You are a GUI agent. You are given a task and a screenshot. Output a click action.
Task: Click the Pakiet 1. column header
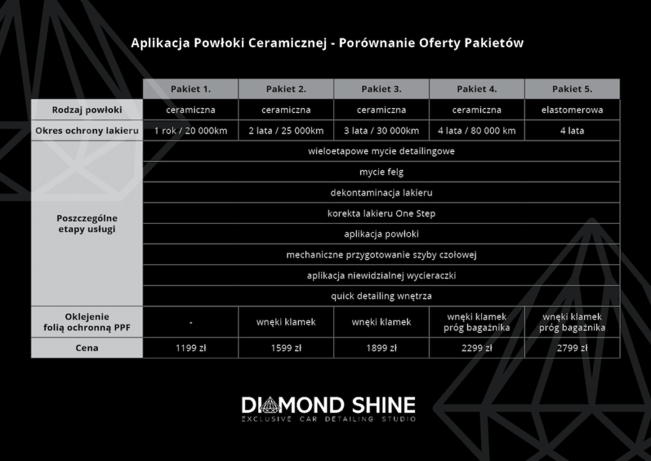(x=191, y=89)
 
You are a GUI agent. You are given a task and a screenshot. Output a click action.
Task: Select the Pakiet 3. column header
(x=381, y=89)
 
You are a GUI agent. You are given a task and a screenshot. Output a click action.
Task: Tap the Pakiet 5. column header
(x=572, y=89)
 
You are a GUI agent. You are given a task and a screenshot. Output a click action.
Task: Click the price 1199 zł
(x=191, y=348)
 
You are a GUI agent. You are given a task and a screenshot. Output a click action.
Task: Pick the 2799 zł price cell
(x=572, y=348)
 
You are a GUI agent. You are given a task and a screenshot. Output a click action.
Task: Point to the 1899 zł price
(x=381, y=348)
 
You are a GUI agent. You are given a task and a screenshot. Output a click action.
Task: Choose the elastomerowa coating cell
(x=572, y=110)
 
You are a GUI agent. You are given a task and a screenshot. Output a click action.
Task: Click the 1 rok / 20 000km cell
(x=191, y=131)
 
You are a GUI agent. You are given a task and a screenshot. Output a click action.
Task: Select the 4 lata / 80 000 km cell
(x=477, y=131)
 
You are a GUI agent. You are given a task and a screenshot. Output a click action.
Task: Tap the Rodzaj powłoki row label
(x=86, y=110)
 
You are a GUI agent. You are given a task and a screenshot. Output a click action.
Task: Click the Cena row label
(x=86, y=348)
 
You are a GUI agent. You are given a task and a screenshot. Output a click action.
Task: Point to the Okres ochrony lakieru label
(x=86, y=131)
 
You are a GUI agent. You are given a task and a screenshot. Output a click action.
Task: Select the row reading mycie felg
(x=381, y=172)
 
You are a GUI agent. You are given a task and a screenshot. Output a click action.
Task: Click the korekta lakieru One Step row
(x=381, y=213)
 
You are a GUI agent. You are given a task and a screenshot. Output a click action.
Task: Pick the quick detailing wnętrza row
(x=381, y=296)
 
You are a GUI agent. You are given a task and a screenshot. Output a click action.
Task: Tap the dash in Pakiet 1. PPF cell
(x=191, y=323)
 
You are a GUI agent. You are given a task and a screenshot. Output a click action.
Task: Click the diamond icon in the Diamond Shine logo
(x=269, y=405)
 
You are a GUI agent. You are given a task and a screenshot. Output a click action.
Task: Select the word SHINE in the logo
(x=384, y=405)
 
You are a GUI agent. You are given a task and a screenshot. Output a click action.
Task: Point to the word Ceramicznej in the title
(x=287, y=43)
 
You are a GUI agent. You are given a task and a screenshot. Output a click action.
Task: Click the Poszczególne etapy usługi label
(x=86, y=224)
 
